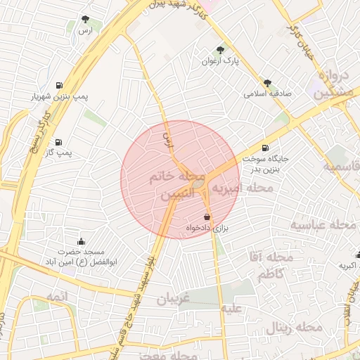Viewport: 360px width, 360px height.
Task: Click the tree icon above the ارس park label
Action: pyautogui.click(x=86, y=20)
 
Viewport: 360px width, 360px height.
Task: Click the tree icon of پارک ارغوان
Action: pyautogui.click(x=221, y=50)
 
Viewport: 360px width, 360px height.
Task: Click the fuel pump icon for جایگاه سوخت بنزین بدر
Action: pyautogui.click(x=264, y=148)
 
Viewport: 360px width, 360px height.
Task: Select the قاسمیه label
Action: pyautogui.click(x=341, y=166)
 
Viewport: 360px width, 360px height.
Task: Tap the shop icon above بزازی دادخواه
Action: pyautogui.click(x=206, y=217)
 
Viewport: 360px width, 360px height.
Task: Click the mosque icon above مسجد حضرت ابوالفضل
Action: pyautogui.click(x=82, y=241)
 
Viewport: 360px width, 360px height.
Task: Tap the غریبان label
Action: pyautogui.click(x=173, y=299)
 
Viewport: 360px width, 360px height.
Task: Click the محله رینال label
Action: pyautogui.click(x=295, y=328)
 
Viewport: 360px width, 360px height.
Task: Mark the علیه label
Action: pyautogui.click(x=231, y=308)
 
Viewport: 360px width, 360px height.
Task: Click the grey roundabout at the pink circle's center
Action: pyautogui.click(x=199, y=184)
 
